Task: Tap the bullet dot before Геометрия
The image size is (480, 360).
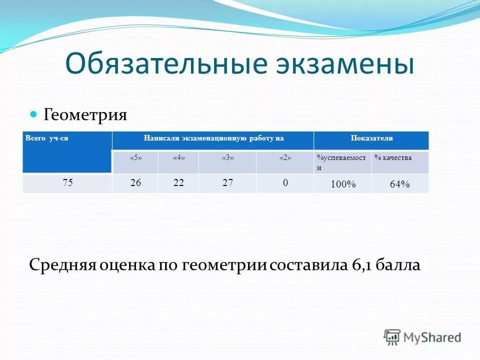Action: tap(34, 114)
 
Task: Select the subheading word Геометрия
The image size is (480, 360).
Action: tap(85, 115)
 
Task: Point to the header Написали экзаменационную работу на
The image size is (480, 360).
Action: tap(213, 138)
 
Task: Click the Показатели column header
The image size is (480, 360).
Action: tap(371, 138)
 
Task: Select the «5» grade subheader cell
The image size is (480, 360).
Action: tap(135, 158)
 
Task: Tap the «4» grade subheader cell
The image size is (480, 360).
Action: tap(178, 158)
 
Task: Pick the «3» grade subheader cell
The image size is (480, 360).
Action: tap(227, 158)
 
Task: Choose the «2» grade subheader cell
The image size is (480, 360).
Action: tap(285, 158)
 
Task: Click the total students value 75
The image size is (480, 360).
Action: tap(67, 183)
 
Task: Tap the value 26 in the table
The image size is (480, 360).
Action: tap(135, 183)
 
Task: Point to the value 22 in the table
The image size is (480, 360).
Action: tap(178, 183)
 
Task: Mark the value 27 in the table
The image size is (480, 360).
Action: tap(228, 183)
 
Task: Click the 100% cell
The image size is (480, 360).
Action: tap(342, 184)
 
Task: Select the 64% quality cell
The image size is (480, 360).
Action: tap(399, 184)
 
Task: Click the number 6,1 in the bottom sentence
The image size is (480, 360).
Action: tap(358, 264)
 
